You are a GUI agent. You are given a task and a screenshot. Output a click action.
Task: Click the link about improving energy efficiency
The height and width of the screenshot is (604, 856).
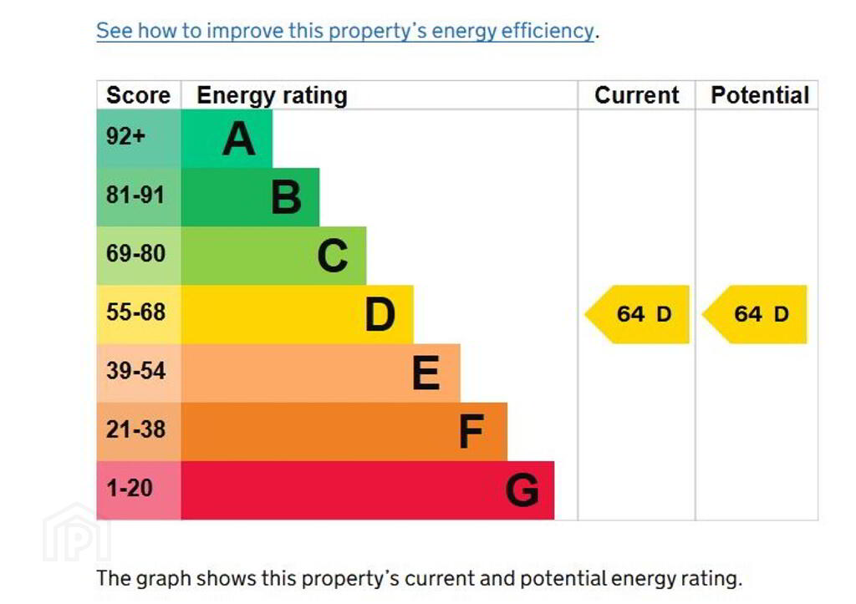345,32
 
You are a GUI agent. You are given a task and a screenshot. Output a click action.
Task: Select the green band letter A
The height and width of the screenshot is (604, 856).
238,139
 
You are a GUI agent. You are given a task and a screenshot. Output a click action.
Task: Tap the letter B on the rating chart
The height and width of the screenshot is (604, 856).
286,198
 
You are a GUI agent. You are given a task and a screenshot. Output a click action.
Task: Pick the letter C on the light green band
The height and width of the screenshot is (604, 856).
333,256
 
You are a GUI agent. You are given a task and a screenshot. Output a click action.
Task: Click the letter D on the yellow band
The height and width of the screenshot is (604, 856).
380,315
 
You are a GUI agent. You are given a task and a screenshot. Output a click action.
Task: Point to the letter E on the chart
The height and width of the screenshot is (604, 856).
426,373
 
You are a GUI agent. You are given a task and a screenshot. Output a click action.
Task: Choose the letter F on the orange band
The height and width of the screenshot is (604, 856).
471,432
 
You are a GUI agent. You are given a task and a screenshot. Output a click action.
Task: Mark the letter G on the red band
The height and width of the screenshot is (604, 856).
522,490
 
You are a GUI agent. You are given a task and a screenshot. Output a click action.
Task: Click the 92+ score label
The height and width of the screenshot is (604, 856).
125,137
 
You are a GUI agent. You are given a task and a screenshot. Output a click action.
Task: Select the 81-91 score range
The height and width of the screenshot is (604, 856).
135,195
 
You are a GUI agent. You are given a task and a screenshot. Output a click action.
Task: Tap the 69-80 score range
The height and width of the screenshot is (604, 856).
135,254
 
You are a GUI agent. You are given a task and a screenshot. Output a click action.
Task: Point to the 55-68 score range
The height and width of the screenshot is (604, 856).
135,312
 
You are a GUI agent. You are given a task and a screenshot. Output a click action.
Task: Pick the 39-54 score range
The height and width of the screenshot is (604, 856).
135,371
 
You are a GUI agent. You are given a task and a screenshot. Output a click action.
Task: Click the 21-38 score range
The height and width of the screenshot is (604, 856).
135,429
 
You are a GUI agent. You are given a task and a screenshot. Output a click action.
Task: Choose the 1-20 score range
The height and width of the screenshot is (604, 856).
130,488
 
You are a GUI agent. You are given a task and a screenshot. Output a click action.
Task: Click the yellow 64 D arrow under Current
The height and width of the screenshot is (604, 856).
639,314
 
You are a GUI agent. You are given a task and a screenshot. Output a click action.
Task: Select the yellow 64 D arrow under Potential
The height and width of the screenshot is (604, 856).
757,314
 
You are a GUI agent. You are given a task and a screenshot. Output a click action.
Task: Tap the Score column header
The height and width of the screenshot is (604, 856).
138,95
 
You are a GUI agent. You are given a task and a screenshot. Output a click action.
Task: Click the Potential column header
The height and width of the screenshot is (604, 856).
759,95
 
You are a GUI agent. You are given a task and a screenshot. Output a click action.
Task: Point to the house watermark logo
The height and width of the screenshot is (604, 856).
76,533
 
